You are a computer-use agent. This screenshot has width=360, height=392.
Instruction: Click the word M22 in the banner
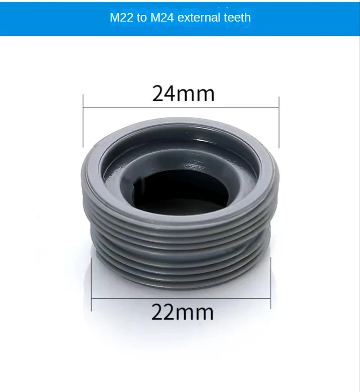point(121,18)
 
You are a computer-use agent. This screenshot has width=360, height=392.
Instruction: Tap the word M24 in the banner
point(162,18)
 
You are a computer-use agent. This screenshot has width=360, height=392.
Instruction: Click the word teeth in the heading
point(237,18)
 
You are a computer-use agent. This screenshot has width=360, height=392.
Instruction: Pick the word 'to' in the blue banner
point(142,18)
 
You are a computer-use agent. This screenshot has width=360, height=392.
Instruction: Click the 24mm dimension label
point(183,94)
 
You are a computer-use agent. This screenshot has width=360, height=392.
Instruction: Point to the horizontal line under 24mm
point(181,107)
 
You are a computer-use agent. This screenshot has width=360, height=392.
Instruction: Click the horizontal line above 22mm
point(181,298)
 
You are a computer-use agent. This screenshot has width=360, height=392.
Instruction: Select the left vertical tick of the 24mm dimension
point(83,121)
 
